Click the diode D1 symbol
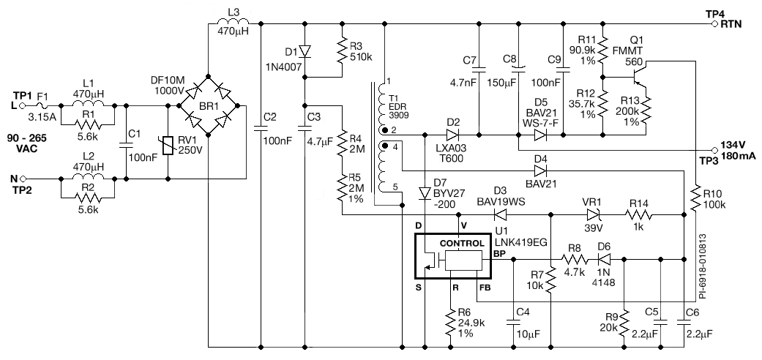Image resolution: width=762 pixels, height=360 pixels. point(305,51)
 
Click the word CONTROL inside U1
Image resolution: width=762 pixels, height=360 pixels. point(461,243)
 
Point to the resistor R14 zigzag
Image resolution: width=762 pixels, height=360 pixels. point(638,215)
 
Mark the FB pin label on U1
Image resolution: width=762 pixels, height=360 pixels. point(485,287)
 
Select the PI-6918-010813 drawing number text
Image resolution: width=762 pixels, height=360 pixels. point(702,268)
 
